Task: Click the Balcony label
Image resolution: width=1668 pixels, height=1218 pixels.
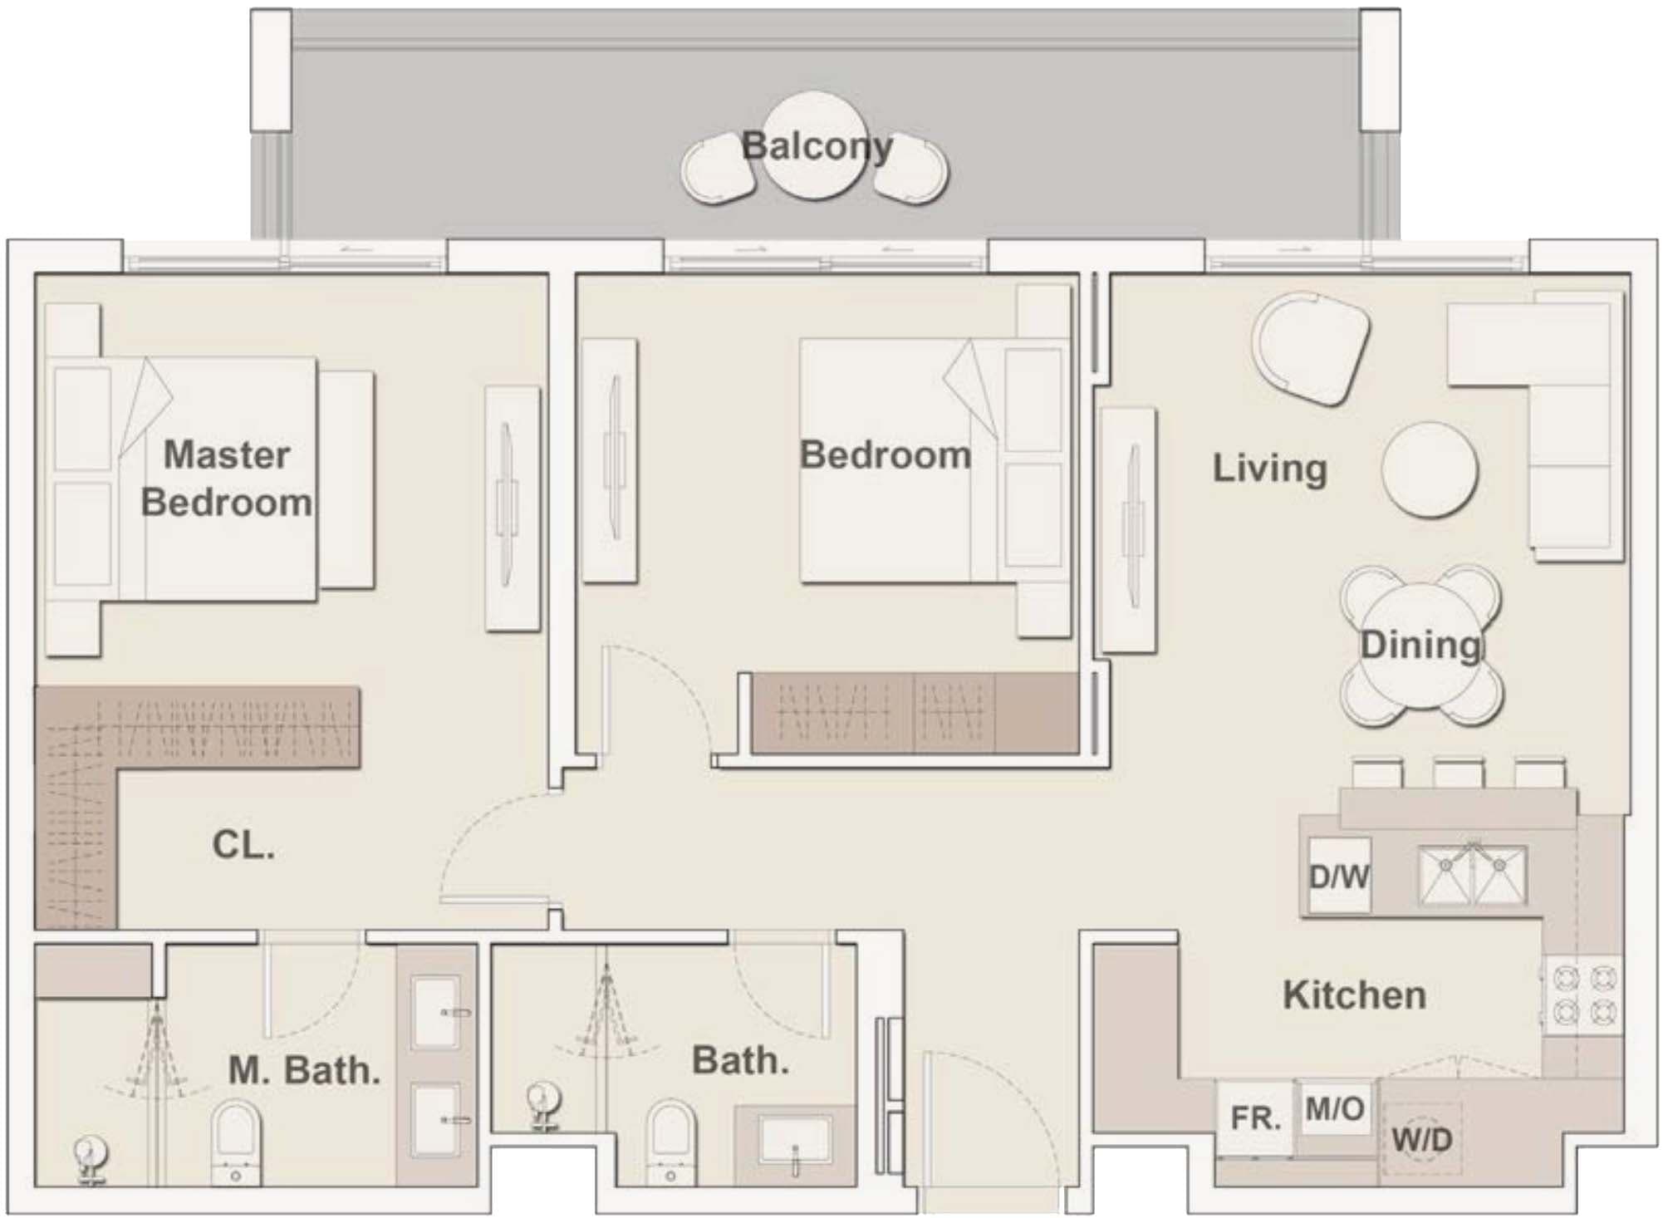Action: [817, 146]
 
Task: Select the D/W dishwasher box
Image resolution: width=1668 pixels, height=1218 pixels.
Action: [1338, 875]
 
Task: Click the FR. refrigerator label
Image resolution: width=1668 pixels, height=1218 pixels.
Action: [1255, 1118]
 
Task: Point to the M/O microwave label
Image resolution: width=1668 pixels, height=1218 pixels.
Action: [1334, 1108]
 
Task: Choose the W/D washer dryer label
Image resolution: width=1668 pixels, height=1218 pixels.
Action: [1421, 1139]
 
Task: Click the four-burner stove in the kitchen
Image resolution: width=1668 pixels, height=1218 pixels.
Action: [1583, 995]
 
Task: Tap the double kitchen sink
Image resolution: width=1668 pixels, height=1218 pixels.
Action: [1472, 875]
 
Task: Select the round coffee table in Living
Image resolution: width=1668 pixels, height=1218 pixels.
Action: [1429, 470]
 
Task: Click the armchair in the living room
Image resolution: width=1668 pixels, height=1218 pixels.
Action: [1312, 347]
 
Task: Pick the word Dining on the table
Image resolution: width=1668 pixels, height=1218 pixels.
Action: [1420, 646]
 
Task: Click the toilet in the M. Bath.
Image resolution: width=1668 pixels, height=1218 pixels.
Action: [236, 1138]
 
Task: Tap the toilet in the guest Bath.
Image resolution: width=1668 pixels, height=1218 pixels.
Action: [670, 1138]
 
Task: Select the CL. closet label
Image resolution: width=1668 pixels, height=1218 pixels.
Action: [243, 845]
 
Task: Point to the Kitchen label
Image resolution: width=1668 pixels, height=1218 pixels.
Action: [1354, 995]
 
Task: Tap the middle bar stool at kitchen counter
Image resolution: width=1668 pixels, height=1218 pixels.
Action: [1458, 773]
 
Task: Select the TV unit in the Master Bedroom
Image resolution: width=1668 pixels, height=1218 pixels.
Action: [512, 507]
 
